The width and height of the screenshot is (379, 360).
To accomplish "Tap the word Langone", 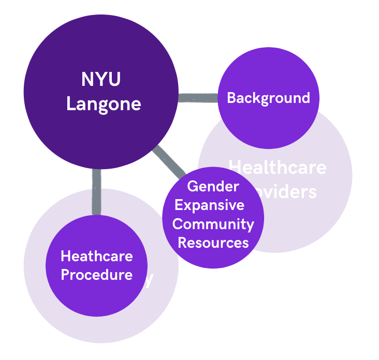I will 104,103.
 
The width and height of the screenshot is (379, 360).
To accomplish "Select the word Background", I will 268,97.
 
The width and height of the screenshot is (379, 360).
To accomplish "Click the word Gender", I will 213,186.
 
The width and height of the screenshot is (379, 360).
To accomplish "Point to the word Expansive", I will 209,205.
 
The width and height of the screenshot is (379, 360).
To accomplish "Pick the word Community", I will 213,224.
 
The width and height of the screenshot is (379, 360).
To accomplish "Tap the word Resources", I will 213,242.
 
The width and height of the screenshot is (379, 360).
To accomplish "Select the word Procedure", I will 96,274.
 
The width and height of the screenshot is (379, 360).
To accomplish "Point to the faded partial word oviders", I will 290,192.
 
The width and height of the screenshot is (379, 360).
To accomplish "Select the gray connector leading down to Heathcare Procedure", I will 96,191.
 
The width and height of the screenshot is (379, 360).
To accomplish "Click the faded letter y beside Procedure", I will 149,280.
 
